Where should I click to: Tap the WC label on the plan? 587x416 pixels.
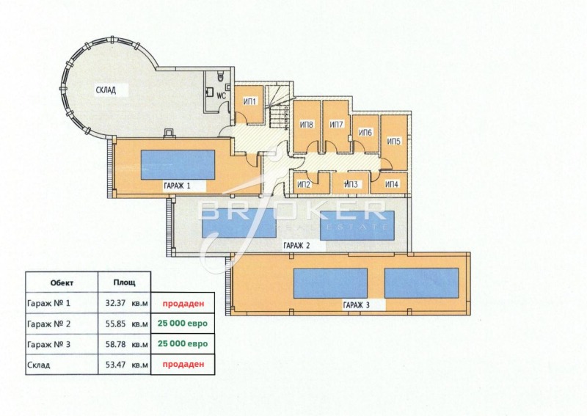click(221, 94)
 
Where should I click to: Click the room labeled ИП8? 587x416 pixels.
click(307, 125)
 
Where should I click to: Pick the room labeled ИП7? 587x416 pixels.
click(337, 125)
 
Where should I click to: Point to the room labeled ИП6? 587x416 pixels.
click(365, 133)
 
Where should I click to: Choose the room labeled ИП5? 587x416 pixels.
click(393, 141)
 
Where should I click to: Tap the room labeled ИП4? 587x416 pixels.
click(392, 183)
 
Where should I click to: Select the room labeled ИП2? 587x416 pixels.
click(305, 183)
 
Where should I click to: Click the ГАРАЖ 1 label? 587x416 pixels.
click(177, 186)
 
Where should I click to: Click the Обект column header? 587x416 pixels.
click(62, 281)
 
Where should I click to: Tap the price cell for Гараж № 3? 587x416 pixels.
click(184, 343)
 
